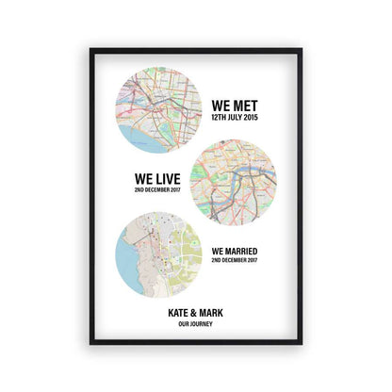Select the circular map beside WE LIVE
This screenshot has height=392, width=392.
coord(234,182)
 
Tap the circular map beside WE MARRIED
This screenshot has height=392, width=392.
coord(157,253)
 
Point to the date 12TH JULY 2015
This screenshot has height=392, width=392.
coord(236,119)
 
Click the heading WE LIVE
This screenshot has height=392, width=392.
coord(158,176)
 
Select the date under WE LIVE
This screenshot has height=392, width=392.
coord(158,189)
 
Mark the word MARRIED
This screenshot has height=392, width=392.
coord(242,251)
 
